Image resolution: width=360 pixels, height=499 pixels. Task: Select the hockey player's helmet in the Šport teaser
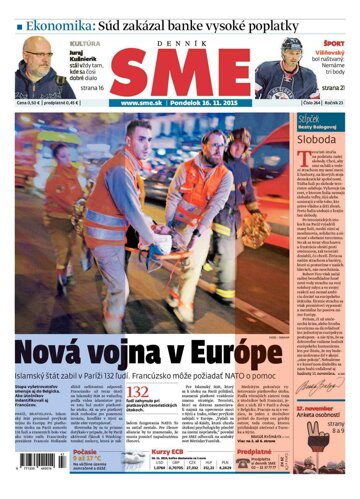point(294,47)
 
